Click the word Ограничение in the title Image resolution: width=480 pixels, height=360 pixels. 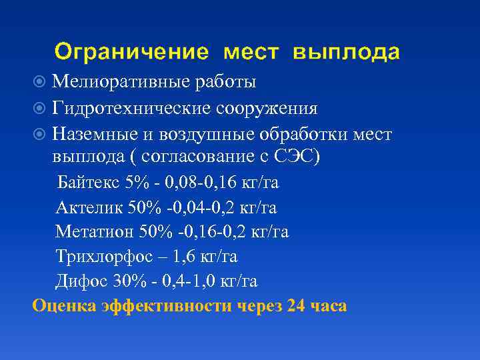click(x=133, y=52)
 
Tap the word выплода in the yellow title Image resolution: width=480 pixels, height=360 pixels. click(x=347, y=52)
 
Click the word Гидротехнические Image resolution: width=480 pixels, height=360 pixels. click(x=133, y=109)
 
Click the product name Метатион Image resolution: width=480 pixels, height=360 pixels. click(x=94, y=232)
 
